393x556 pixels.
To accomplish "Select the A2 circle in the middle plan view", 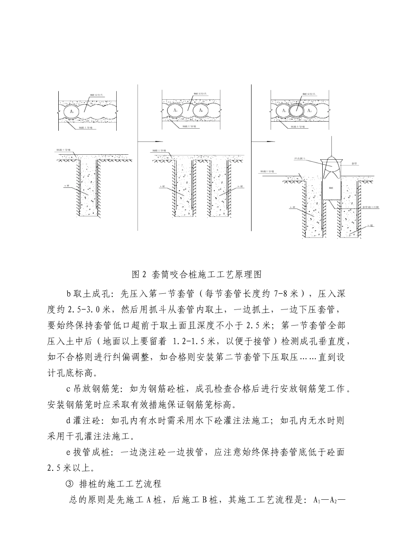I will click(201, 110).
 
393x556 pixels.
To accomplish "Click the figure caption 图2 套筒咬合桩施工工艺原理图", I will click(196, 274).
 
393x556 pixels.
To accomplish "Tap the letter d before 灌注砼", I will click(69, 421).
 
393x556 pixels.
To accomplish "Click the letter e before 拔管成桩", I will click(69, 453).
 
